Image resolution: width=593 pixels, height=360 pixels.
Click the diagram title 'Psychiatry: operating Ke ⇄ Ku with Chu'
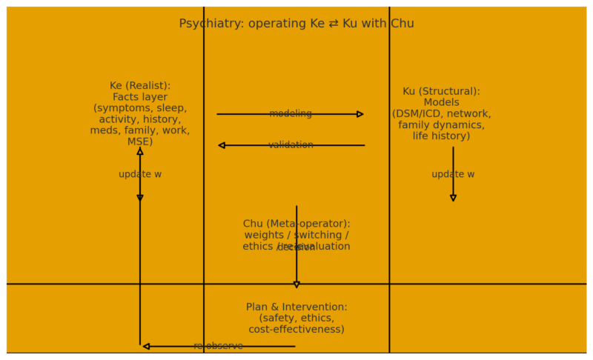[296, 24]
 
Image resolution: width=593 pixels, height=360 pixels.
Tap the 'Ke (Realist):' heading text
[140, 86]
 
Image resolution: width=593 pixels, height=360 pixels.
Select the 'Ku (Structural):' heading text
[441, 92]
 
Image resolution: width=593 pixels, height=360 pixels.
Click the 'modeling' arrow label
[291, 114]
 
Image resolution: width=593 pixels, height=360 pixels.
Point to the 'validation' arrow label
[291, 145]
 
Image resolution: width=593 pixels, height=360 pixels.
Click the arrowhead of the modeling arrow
[360, 114]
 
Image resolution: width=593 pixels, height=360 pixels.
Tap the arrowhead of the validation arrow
[222, 145]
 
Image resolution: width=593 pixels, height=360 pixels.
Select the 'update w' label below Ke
[140, 175]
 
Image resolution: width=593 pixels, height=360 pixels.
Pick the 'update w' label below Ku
[453, 175]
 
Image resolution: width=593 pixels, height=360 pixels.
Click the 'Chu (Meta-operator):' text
[296, 224]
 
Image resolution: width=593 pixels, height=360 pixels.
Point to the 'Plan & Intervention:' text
[296, 307]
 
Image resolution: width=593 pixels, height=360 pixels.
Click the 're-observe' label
[218, 347]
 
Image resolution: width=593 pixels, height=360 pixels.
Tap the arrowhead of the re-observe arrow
[146, 347]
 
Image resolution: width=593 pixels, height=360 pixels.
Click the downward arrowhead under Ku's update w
[453, 198]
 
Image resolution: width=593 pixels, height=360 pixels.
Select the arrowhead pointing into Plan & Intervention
[296, 284]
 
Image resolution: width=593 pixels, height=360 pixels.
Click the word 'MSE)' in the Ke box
[140, 141]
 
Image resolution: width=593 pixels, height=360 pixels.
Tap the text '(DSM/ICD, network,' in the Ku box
[441, 114]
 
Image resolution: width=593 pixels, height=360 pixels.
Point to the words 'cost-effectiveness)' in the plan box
[296, 330]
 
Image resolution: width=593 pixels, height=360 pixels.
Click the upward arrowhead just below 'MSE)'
[140, 151]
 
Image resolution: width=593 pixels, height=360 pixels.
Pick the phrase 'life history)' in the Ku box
[441, 136]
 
